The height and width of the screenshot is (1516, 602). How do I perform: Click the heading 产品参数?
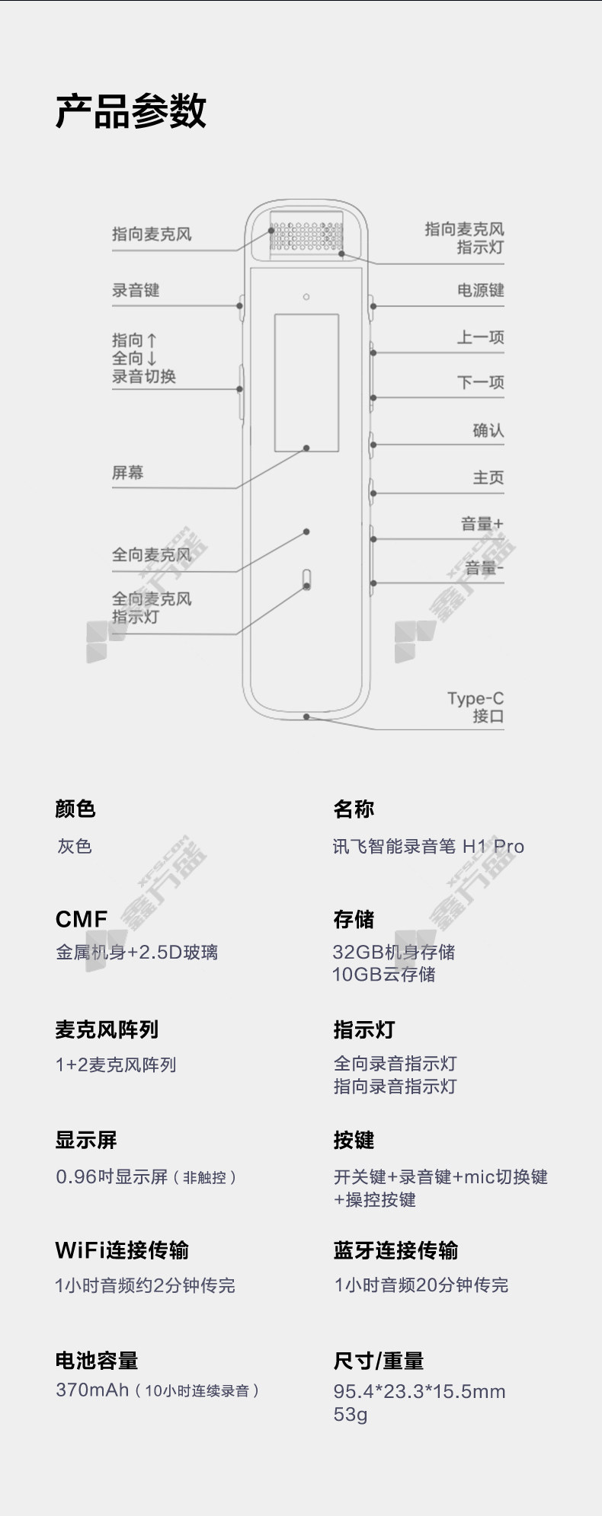click(x=131, y=111)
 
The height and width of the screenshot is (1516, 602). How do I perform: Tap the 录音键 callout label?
click(x=136, y=290)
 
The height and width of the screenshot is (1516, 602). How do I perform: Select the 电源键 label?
click(x=480, y=290)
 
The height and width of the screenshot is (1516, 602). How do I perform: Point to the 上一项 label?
click(x=480, y=337)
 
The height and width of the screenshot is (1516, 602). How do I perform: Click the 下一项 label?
click(x=480, y=382)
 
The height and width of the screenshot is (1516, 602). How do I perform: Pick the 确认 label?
click(x=488, y=430)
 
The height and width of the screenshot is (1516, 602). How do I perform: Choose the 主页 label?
click(x=488, y=477)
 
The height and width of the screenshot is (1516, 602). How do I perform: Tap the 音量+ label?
click(x=482, y=524)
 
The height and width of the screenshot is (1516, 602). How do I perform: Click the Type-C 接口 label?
click(x=476, y=707)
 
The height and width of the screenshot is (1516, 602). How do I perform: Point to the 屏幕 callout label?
click(x=127, y=472)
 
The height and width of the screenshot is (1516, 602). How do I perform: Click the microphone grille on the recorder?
click(x=306, y=237)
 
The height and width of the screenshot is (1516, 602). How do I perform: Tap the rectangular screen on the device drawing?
click(x=306, y=382)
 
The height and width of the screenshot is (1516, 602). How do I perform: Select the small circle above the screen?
click(x=306, y=296)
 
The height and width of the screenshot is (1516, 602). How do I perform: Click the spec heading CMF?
click(x=82, y=919)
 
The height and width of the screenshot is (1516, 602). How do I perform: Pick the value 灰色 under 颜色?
click(x=75, y=846)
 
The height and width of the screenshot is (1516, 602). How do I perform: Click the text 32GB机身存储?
click(x=394, y=952)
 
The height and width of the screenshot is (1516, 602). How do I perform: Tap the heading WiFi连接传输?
click(x=122, y=1250)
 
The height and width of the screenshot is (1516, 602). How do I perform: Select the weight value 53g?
click(x=351, y=1415)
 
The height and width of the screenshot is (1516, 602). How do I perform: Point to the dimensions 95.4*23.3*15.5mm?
click(x=420, y=1392)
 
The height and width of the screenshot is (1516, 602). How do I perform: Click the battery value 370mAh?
click(x=92, y=1390)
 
